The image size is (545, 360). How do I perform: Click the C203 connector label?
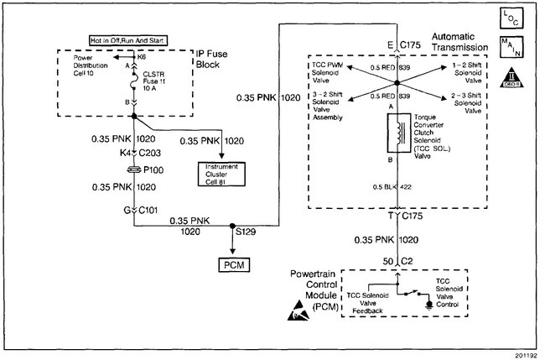coord(156,154)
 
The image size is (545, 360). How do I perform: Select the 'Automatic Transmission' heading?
coord(465,43)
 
